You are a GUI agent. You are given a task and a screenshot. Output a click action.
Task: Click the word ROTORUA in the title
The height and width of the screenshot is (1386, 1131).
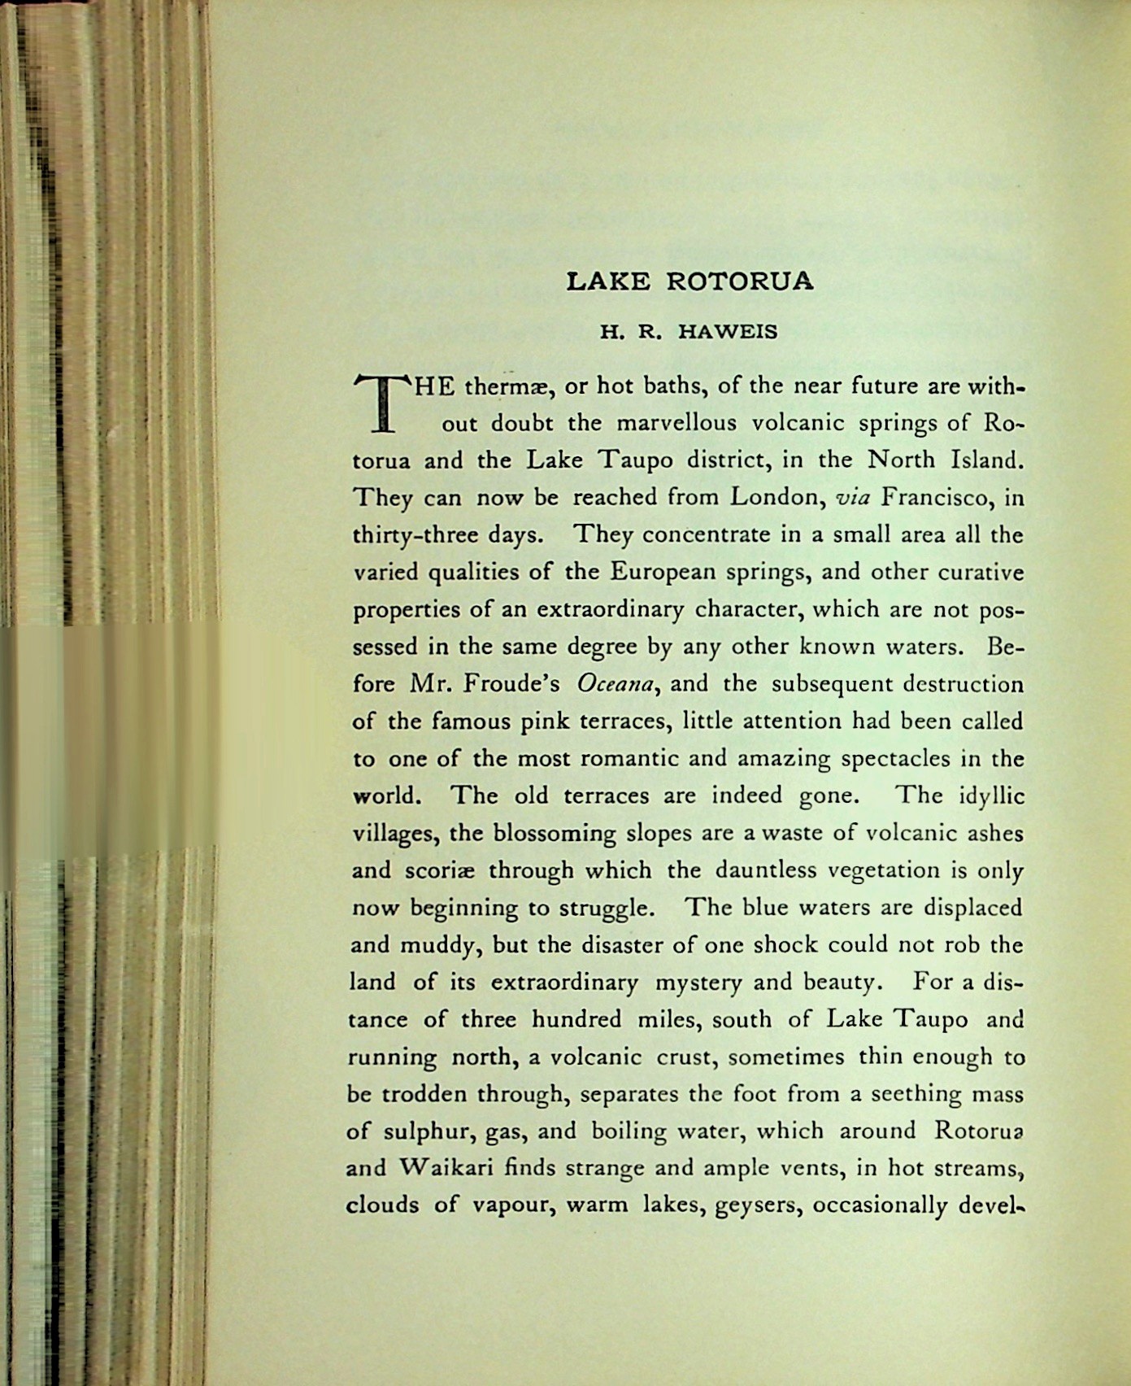(739, 281)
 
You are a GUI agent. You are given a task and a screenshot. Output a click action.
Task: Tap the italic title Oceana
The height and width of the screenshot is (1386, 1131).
(616, 684)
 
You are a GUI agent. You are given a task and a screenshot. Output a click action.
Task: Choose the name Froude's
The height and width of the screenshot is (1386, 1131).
(511, 684)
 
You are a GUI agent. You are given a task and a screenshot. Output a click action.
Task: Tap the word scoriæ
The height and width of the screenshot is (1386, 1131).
(435, 870)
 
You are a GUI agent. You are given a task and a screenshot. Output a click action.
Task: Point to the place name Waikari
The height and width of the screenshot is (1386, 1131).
(445, 1169)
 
